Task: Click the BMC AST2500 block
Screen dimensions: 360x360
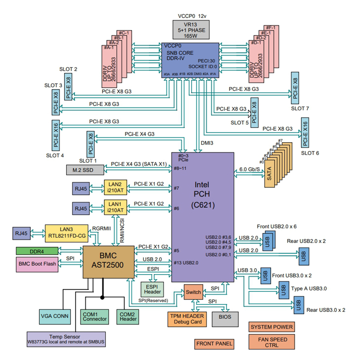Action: pos(108,262)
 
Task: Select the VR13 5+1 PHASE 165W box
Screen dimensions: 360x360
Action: pos(191,30)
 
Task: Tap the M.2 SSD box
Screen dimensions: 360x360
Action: pos(85,170)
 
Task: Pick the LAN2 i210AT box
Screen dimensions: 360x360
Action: pos(116,187)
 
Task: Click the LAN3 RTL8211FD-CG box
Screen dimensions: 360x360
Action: pos(67,233)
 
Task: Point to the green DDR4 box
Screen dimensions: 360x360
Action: pos(37,251)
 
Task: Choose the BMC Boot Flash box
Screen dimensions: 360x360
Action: pos(37,265)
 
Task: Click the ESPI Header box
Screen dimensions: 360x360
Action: pos(152,289)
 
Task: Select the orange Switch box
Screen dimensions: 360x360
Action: pos(193,292)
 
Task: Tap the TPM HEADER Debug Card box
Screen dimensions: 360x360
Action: pos(187,319)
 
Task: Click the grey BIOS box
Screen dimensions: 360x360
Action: pos(225,319)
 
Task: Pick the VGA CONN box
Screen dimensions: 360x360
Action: pos(55,317)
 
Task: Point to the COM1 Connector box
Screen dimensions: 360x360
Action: pos(95,317)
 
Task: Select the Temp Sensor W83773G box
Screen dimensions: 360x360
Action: pos(66,339)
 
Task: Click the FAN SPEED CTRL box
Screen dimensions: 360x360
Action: pos(271,342)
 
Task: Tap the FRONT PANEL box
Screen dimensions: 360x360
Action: pos(214,344)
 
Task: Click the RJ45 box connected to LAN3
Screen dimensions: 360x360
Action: pos(21,234)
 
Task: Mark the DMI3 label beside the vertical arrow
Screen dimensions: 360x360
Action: pos(207,143)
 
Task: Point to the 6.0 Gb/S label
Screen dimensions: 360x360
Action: pos(249,170)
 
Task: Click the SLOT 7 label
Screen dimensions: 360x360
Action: pos(300,108)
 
